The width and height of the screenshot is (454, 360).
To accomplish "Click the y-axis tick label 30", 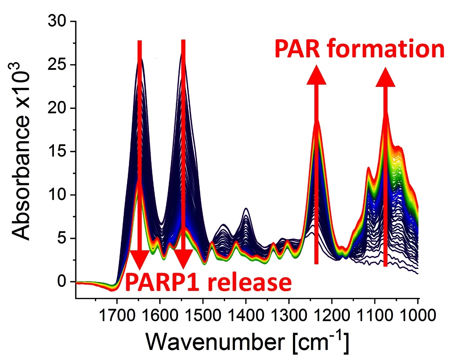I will (x=58, y=21).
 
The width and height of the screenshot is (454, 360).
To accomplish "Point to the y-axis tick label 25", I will (x=58, y=65).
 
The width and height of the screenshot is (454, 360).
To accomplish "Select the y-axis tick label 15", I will (x=58, y=152).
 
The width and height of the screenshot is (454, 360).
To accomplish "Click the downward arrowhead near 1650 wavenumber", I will (x=139, y=259).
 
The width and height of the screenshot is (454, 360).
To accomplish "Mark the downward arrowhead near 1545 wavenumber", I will (x=183, y=259).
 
